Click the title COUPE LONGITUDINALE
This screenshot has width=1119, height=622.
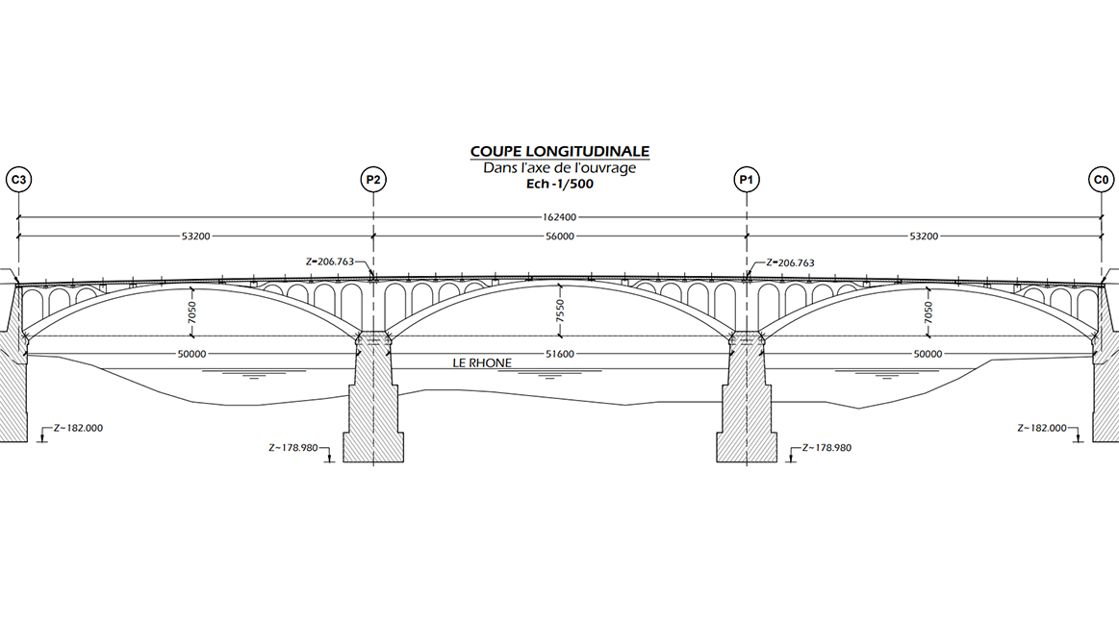[x=559, y=152]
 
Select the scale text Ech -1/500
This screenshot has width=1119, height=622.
[x=559, y=185]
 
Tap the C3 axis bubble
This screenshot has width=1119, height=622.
[x=18, y=180]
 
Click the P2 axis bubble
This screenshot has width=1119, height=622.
[x=372, y=180]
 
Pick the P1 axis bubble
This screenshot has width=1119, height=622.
[x=746, y=180]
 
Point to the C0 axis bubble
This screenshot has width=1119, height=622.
[x=1101, y=180]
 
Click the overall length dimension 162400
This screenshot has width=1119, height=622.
[x=559, y=217]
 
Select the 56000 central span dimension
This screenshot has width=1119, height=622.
[x=559, y=236]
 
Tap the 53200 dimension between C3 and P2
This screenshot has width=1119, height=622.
[x=195, y=236]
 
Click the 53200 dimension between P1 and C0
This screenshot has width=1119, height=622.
[x=924, y=236]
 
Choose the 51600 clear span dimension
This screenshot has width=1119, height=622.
[x=559, y=355]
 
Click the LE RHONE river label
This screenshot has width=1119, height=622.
[x=482, y=363]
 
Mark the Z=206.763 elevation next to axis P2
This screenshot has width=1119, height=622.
[x=328, y=261]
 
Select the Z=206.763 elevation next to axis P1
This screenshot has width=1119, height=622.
[x=790, y=261]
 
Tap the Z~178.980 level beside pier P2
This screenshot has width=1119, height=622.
[x=294, y=447]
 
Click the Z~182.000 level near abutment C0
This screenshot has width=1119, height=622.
[x=1043, y=428]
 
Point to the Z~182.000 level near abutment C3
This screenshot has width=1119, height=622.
[x=77, y=428]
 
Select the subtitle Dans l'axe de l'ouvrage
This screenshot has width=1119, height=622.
[x=559, y=168]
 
